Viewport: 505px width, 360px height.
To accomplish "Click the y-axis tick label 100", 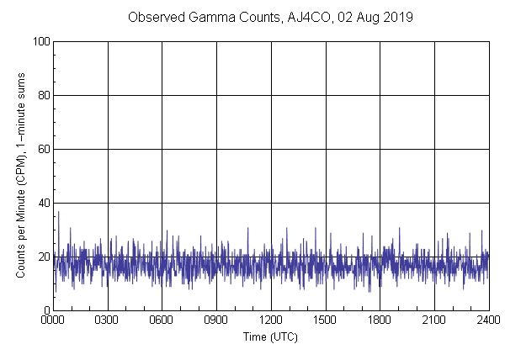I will pos(40,41).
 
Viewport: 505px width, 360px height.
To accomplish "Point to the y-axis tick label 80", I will pos(43,95).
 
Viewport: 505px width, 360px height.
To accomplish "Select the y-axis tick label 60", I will pos(43,149).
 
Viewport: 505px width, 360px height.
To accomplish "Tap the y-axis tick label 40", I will pos(43,203).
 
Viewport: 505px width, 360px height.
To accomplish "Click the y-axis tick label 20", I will pos(43,257).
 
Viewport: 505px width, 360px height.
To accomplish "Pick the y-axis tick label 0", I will pos(45,310).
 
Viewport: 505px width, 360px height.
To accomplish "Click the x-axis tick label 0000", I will pos(53,321).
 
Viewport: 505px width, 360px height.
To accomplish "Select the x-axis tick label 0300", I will pos(108,321).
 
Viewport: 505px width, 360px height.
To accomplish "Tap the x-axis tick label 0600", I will pos(162,321).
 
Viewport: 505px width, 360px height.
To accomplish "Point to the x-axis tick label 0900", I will pos(216,321).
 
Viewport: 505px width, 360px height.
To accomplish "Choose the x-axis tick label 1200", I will pos(271,321).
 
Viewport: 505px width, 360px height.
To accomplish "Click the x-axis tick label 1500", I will pos(326,321).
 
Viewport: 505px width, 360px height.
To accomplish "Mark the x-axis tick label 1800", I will pos(380,321).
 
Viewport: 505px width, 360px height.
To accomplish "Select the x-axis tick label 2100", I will pos(434,321).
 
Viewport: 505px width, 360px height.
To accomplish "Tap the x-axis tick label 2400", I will pos(488,321).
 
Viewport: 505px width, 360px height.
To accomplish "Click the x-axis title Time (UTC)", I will pos(270,336).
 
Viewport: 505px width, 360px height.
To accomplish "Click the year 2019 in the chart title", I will pos(398,17).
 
